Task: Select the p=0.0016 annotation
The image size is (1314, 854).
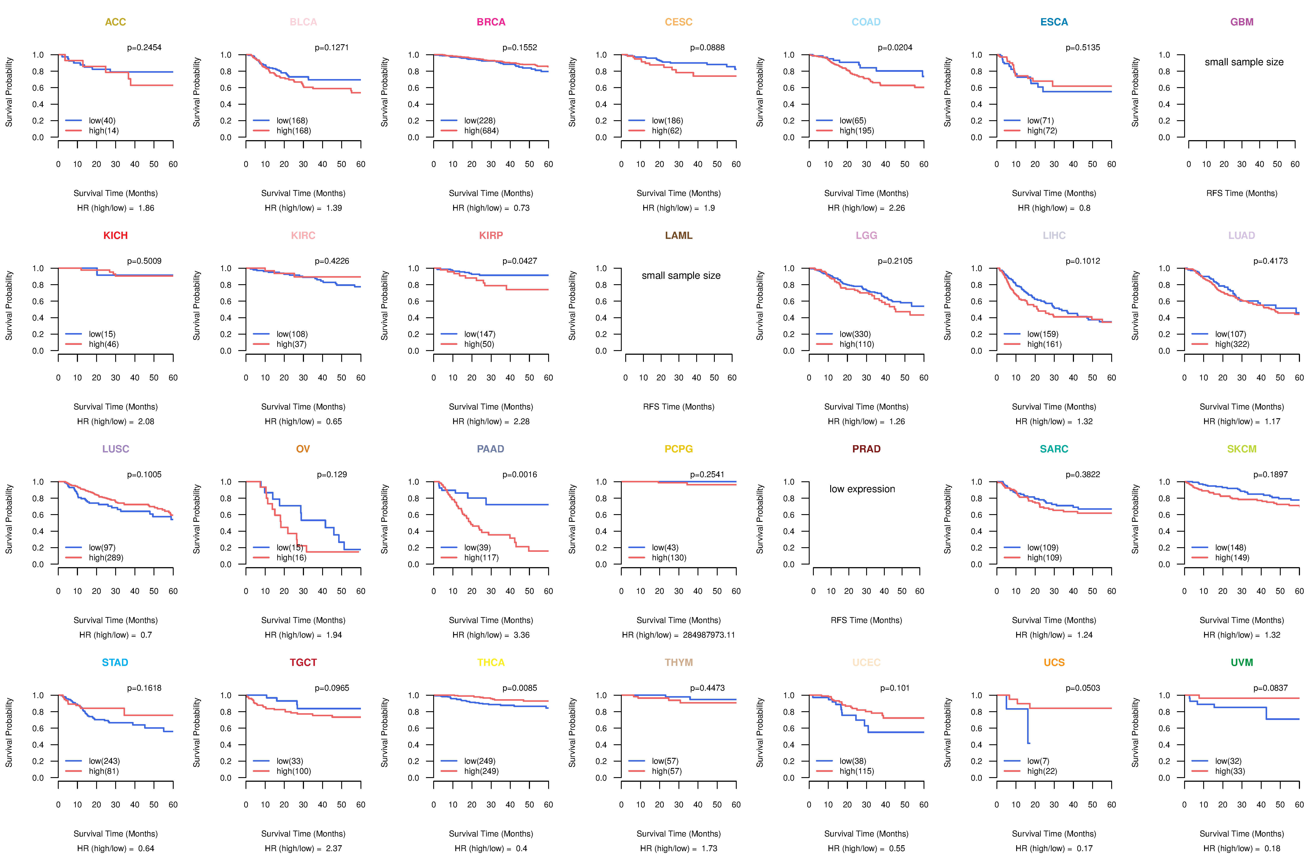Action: (519, 474)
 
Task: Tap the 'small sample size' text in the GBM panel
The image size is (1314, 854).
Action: (1244, 62)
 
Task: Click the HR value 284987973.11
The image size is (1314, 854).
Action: (709, 635)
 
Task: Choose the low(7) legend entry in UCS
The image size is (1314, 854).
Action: (1038, 761)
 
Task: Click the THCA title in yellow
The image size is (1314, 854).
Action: (491, 662)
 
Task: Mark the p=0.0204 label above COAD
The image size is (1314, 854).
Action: (895, 48)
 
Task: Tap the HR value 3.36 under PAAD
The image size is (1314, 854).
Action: (522, 635)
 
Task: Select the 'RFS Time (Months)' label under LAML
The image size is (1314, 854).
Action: (678, 407)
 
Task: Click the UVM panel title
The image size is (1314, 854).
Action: (1242, 662)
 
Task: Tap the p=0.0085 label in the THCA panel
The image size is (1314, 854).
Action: (519, 688)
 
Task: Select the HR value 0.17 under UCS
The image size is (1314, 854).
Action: (1085, 849)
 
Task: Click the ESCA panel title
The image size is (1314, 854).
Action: (1054, 22)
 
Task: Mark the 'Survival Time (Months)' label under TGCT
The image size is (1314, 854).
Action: (303, 834)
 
